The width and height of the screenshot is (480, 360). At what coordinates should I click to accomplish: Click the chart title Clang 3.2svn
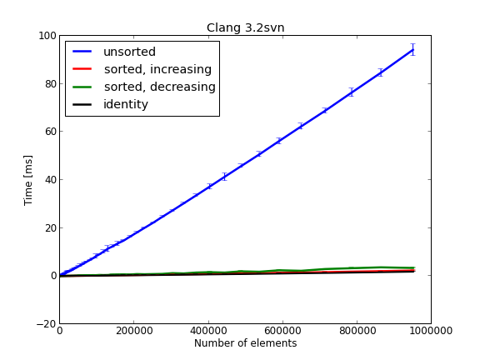tap(245, 27)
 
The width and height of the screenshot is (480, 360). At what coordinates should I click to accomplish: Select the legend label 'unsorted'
tap(129, 52)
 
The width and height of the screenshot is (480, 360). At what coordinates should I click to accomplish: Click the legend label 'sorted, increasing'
tap(157, 69)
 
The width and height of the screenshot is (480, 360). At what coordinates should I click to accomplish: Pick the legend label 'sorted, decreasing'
tap(159, 87)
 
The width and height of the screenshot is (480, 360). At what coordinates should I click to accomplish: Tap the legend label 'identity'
tap(126, 104)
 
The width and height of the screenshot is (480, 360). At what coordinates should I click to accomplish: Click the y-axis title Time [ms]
tap(28, 179)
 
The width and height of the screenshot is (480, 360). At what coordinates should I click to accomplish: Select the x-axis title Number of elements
tap(245, 343)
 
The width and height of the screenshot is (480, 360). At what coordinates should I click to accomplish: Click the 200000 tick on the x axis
tap(133, 330)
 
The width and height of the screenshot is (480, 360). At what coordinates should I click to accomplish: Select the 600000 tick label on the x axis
tap(282, 330)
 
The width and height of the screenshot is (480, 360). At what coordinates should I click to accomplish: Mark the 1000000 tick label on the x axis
tap(431, 330)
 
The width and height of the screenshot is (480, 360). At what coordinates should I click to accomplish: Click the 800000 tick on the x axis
tap(357, 330)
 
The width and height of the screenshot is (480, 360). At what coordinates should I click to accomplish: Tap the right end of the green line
tap(414, 267)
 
